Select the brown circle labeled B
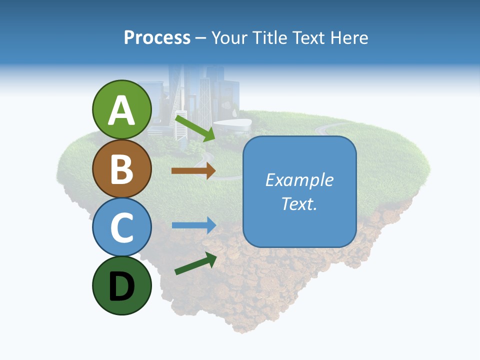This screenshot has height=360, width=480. click(121, 168)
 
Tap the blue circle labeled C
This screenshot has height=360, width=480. click(121, 227)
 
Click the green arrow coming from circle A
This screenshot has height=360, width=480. click(194, 127)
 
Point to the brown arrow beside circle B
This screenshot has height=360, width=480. click(193, 170)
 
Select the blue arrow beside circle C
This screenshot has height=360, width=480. click(193, 225)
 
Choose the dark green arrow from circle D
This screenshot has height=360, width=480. click(195, 263)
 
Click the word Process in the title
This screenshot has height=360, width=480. click(157, 38)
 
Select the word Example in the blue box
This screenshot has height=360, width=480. click(299, 180)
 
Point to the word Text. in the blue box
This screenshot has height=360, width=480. click(299, 203)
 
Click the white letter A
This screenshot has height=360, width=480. click(121, 110)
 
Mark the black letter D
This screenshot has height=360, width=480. click(121, 286)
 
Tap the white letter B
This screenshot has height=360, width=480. click(121, 168)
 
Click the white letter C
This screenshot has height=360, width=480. click(121, 227)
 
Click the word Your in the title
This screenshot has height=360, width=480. click(229, 38)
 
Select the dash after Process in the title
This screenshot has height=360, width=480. click(200, 38)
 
